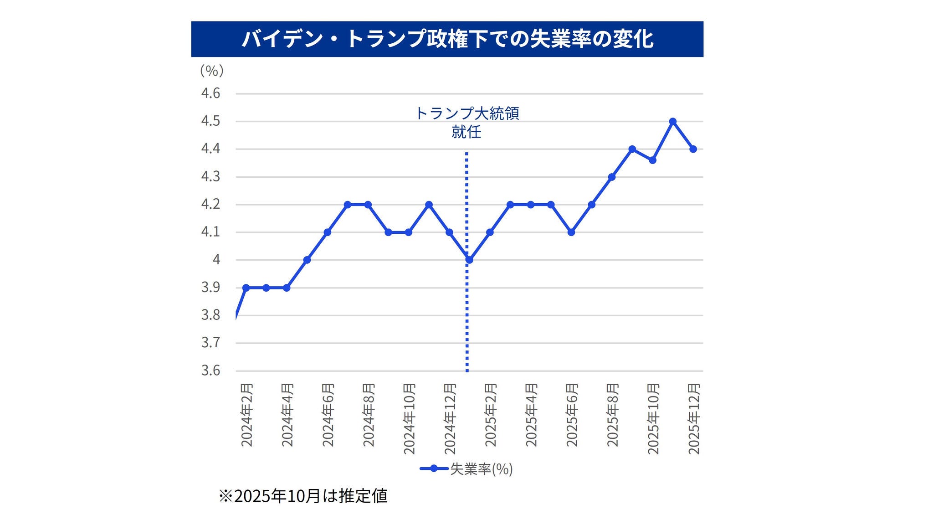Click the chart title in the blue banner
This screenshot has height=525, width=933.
[447, 39]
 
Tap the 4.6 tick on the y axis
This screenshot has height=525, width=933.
[210, 93]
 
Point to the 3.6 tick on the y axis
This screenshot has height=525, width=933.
[210, 371]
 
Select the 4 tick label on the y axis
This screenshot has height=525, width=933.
[216, 260]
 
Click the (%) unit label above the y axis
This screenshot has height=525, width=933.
[212, 71]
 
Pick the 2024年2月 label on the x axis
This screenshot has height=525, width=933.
[246, 415]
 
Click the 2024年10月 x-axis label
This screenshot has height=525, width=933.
[409, 419]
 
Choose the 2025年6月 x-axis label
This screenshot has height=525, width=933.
[572, 415]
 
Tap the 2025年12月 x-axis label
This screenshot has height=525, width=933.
[693, 419]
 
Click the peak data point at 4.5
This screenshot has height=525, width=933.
[673, 122]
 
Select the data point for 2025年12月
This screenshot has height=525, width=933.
[693, 149]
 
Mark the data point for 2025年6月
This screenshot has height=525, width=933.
[571, 232]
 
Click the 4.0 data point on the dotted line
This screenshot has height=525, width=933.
[469, 260]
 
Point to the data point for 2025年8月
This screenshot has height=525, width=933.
[612, 177]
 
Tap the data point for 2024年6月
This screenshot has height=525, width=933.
[327, 232]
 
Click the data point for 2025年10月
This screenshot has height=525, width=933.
[652, 160]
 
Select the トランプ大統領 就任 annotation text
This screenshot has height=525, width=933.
[467, 123]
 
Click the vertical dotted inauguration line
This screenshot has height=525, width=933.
[467, 319]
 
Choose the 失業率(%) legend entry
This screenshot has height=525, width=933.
[466, 469]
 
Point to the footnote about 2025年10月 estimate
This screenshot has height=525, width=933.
[303, 496]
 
